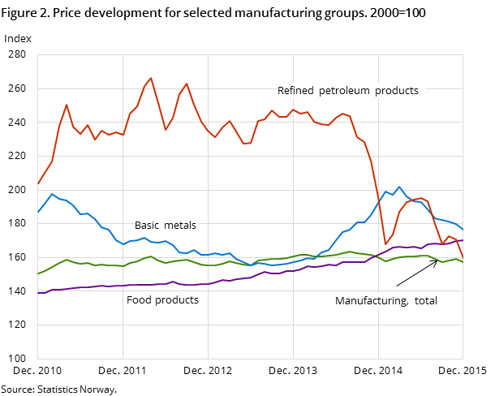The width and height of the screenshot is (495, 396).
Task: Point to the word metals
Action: pos(181,226)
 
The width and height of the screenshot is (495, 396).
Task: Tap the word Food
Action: pos(140,300)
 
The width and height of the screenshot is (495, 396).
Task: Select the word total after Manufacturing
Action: pos(425,301)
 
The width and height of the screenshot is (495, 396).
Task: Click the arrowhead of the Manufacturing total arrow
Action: pos(437,260)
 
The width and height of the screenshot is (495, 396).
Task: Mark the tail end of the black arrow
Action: pos(396,286)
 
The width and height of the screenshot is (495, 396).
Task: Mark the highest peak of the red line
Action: pos(151,78)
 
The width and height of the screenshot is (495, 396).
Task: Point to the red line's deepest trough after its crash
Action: pos(385,244)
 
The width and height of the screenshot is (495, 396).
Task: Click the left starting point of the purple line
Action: pos(38,293)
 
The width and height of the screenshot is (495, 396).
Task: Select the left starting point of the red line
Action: pos(38,183)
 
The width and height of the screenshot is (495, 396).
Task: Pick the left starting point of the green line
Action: pos(38,273)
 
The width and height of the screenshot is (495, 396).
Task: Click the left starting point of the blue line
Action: pos(38,212)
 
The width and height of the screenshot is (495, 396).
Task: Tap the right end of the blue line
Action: pos(463,230)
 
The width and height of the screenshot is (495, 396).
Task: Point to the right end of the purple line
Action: pos(463,240)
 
